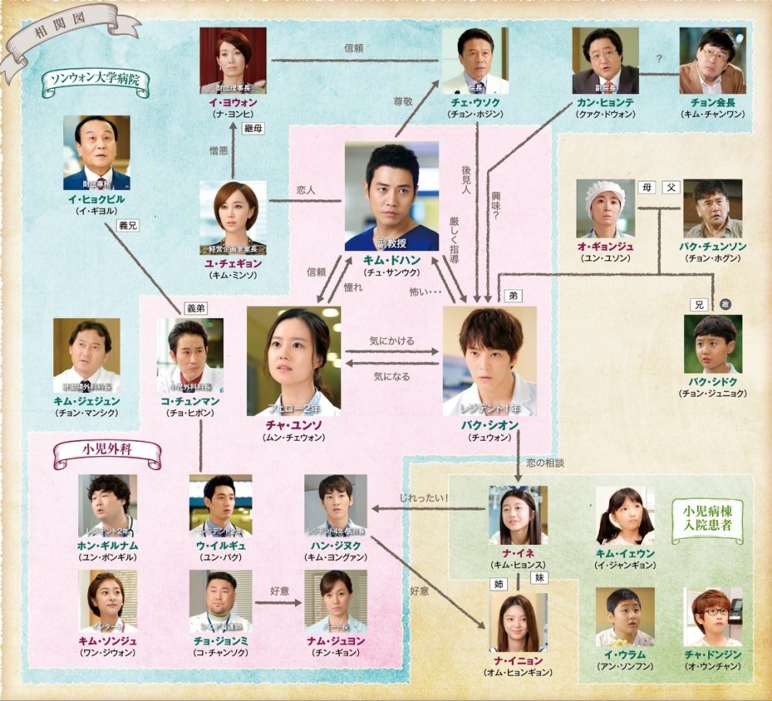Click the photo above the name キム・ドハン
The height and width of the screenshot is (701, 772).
click(x=391, y=196)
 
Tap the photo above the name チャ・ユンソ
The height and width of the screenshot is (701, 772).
click(x=293, y=361)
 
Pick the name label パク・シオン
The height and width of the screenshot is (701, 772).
click(x=489, y=425)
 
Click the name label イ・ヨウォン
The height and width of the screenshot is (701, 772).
click(x=232, y=102)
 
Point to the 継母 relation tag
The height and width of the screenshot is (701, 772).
click(x=253, y=128)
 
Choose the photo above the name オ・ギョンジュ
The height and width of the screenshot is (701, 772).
click(x=605, y=208)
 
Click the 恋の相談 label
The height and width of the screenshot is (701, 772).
click(x=545, y=463)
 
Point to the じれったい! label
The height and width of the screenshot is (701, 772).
click(x=425, y=498)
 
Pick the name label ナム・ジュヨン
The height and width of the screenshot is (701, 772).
click(x=335, y=641)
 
